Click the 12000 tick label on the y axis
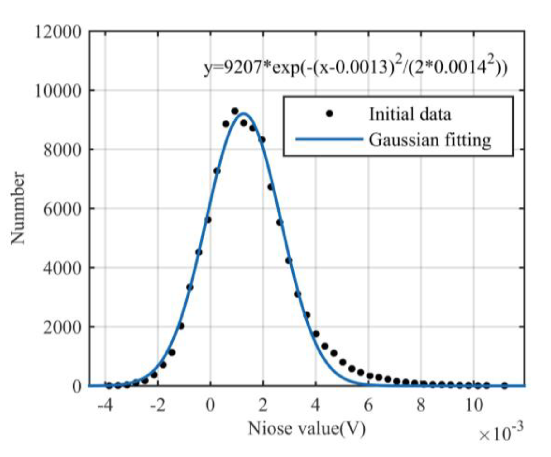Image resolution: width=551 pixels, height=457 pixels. point(58,32)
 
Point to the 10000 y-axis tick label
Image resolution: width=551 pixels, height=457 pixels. point(58,91)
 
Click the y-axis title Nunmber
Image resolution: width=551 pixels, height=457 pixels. point(18,208)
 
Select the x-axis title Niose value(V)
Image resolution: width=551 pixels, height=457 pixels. point(307,428)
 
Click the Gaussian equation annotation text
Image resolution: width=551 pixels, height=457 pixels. point(356,67)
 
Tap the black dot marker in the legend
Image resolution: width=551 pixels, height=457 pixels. point(329,114)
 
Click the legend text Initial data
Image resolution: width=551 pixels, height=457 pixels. point(410,114)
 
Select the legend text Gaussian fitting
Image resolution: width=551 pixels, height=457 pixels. point(430,140)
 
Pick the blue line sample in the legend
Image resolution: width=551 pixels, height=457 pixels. point(329,139)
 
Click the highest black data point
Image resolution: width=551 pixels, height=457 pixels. point(235,111)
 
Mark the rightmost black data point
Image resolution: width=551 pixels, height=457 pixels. point(505,386)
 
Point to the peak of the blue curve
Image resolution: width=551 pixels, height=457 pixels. point(243,113)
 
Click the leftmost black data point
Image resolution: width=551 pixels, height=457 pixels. point(109,386)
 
